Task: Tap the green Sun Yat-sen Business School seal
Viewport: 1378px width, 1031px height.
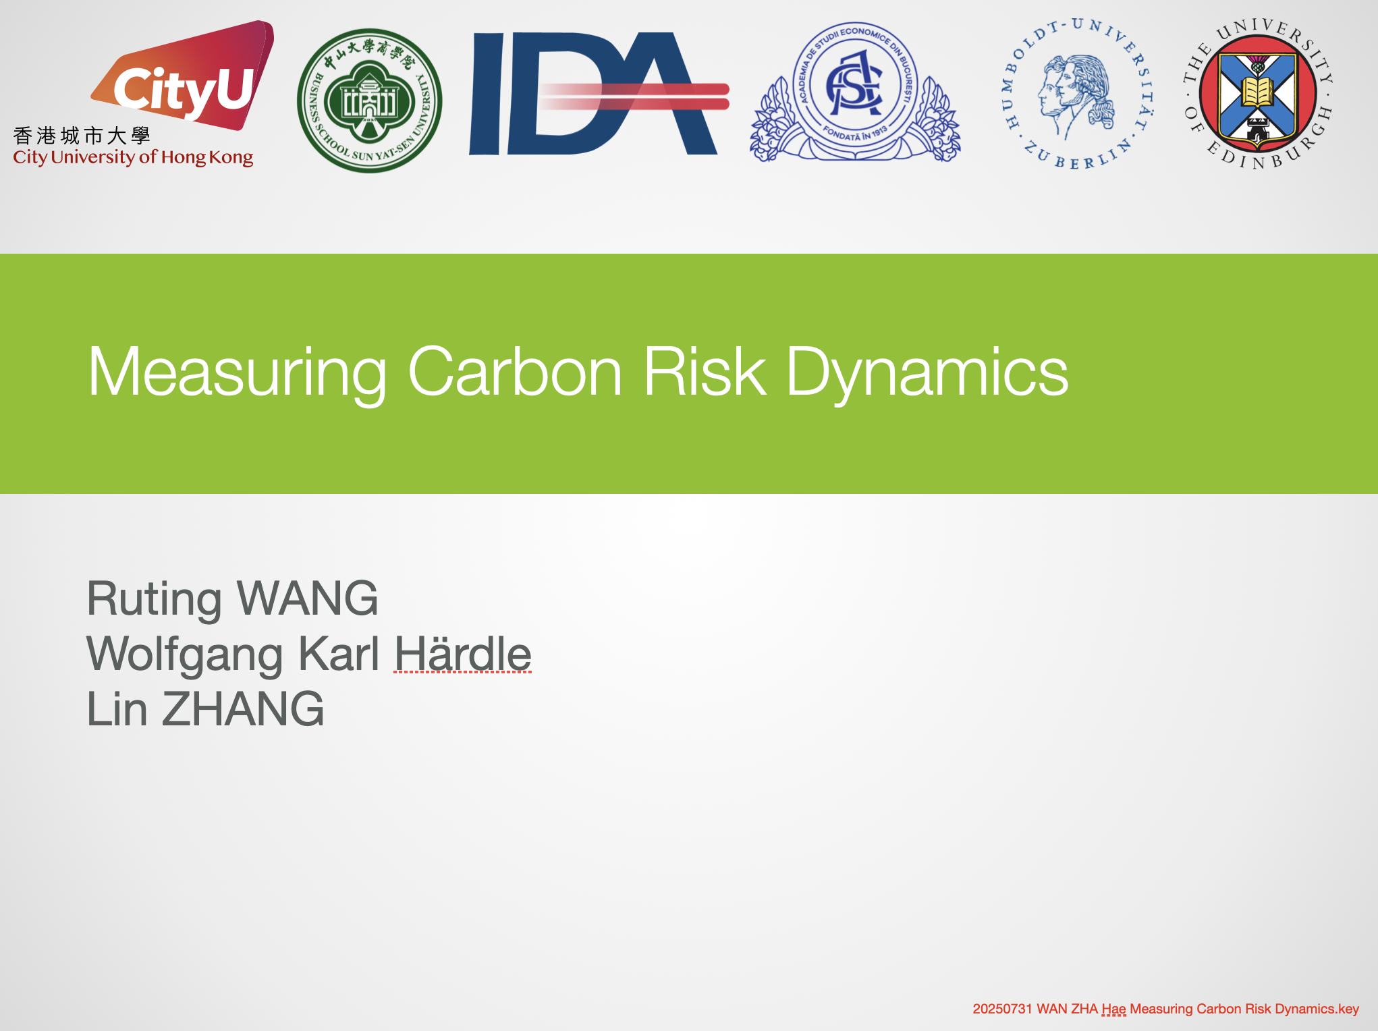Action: pos(370,101)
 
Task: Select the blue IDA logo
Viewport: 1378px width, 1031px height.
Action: pos(599,94)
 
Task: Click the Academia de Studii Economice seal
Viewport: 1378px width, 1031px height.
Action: pos(855,92)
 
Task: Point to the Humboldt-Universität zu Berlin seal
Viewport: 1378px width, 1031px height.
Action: pos(1078,94)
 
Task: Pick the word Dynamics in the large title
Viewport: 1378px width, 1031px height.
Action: pos(927,372)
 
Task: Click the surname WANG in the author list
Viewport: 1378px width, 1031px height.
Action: pos(308,598)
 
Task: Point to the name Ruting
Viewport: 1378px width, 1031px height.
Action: pos(155,599)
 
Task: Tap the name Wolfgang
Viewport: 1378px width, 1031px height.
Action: pos(185,654)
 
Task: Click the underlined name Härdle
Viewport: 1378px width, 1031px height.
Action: pos(463,653)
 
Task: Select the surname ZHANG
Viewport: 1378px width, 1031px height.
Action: pos(243,708)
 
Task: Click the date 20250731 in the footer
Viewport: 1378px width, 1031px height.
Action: pos(1002,1009)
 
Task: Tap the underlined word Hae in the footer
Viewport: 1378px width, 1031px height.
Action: pos(1113,1009)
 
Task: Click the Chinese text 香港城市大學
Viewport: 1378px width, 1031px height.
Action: pos(82,136)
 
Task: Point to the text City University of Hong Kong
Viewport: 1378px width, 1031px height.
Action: pos(133,157)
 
